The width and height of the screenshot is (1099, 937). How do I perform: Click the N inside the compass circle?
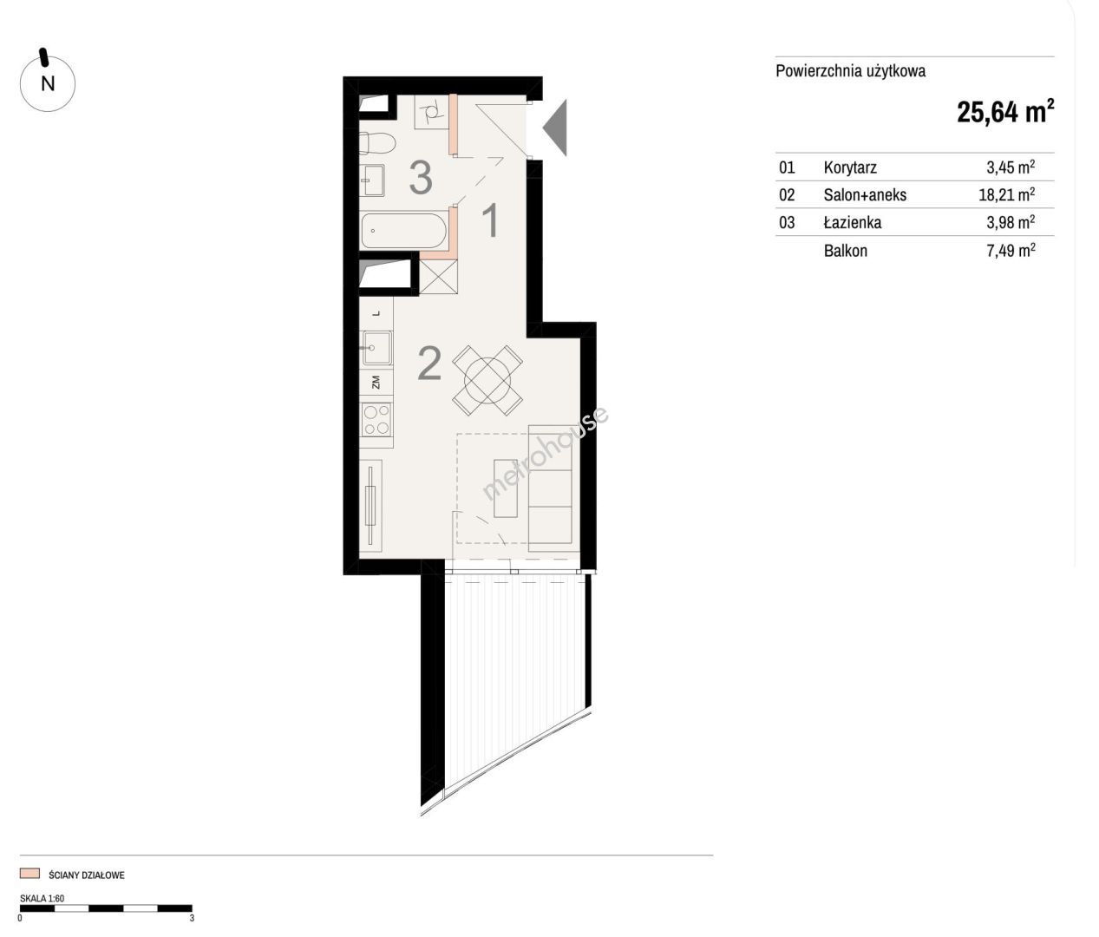[x=48, y=83]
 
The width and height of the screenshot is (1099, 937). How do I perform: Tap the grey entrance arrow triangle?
[x=555, y=128]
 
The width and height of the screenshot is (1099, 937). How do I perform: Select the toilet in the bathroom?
[x=377, y=143]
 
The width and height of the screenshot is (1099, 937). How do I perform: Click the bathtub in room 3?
[x=404, y=231]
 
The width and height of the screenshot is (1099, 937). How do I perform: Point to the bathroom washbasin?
[x=372, y=180]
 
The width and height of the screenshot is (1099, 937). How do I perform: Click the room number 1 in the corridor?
[x=490, y=220]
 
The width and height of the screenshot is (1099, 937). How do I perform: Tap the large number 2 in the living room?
[x=429, y=364]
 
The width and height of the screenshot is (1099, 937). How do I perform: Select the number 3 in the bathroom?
[x=421, y=178]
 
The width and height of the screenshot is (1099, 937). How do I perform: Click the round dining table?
[x=487, y=380]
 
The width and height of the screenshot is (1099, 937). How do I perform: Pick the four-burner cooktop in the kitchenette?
[x=376, y=420]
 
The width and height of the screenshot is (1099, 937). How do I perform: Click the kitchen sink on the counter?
[x=377, y=348]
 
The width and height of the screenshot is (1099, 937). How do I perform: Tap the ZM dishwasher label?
[x=376, y=383]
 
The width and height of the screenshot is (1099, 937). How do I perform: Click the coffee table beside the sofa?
[x=506, y=488]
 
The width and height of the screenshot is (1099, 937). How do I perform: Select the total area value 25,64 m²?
[x=1005, y=112]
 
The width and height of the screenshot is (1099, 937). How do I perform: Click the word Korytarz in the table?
[x=850, y=167]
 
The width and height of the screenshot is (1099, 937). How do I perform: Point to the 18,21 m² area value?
[x=1007, y=194]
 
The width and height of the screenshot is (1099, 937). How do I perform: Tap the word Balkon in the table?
[x=846, y=251]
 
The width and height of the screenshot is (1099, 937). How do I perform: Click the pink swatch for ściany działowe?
[x=29, y=873]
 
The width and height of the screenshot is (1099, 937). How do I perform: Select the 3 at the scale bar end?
[x=192, y=918]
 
